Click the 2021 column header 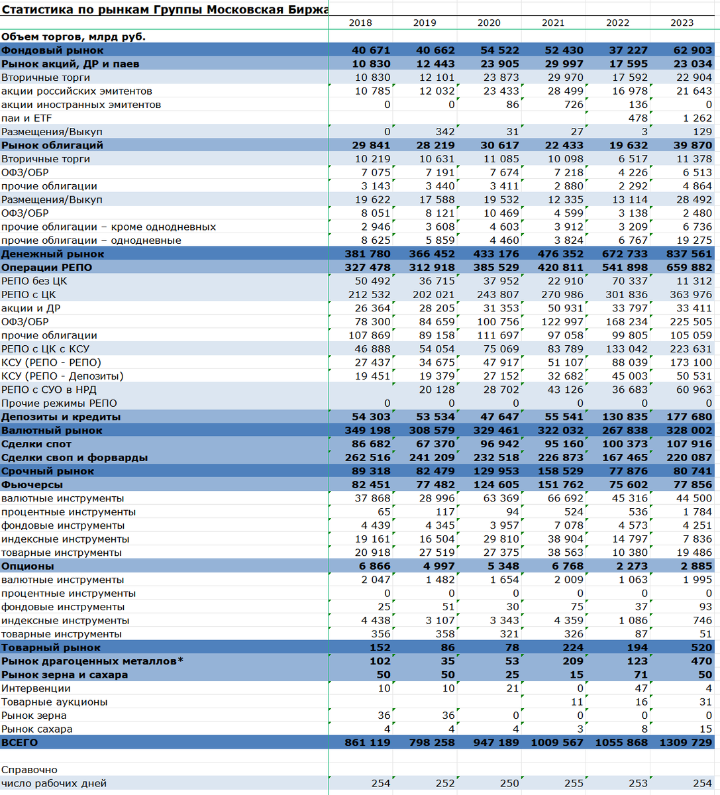tap(553, 23)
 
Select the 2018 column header tap(360, 23)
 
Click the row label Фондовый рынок tap(52, 50)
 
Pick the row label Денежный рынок tap(53, 254)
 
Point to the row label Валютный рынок tap(52, 431)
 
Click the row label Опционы tap(28, 566)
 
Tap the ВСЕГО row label tap(20, 743)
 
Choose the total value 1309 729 tap(686, 743)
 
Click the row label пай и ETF tap(26, 118)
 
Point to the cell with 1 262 tap(697, 118)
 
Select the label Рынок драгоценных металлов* tap(93, 661)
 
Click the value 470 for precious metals tap(701, 661)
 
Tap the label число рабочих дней tap(54, 784)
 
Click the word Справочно tap(29, 770)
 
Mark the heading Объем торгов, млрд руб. tap(74, 36)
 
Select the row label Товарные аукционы tap(54, 702)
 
